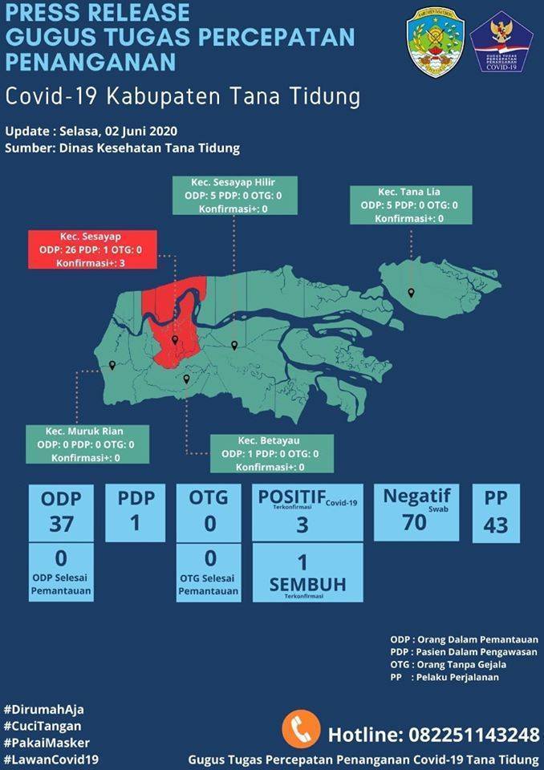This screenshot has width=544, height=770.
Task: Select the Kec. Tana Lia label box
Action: (x=410, y=205)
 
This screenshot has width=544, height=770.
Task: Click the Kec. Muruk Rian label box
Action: (x=85, y=444)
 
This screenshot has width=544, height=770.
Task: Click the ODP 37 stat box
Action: (x=61, y=512)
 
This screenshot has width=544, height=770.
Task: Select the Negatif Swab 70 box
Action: (x=416, y=511)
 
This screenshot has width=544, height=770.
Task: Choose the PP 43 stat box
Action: (x=496, y=513)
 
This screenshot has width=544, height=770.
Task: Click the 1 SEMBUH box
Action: (x=307, y=573)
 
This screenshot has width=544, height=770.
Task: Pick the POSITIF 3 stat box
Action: (x=307, y=511)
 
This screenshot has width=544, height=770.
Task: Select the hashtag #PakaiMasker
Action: (x=47, y=743)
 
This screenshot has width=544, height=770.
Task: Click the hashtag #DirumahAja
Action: (x=43, y=709)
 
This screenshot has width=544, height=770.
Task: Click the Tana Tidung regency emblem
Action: (x=436, y=42)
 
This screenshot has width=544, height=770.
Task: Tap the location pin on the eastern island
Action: (x=411, y=293)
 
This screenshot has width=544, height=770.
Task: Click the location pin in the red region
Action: (x=175, y=340)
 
